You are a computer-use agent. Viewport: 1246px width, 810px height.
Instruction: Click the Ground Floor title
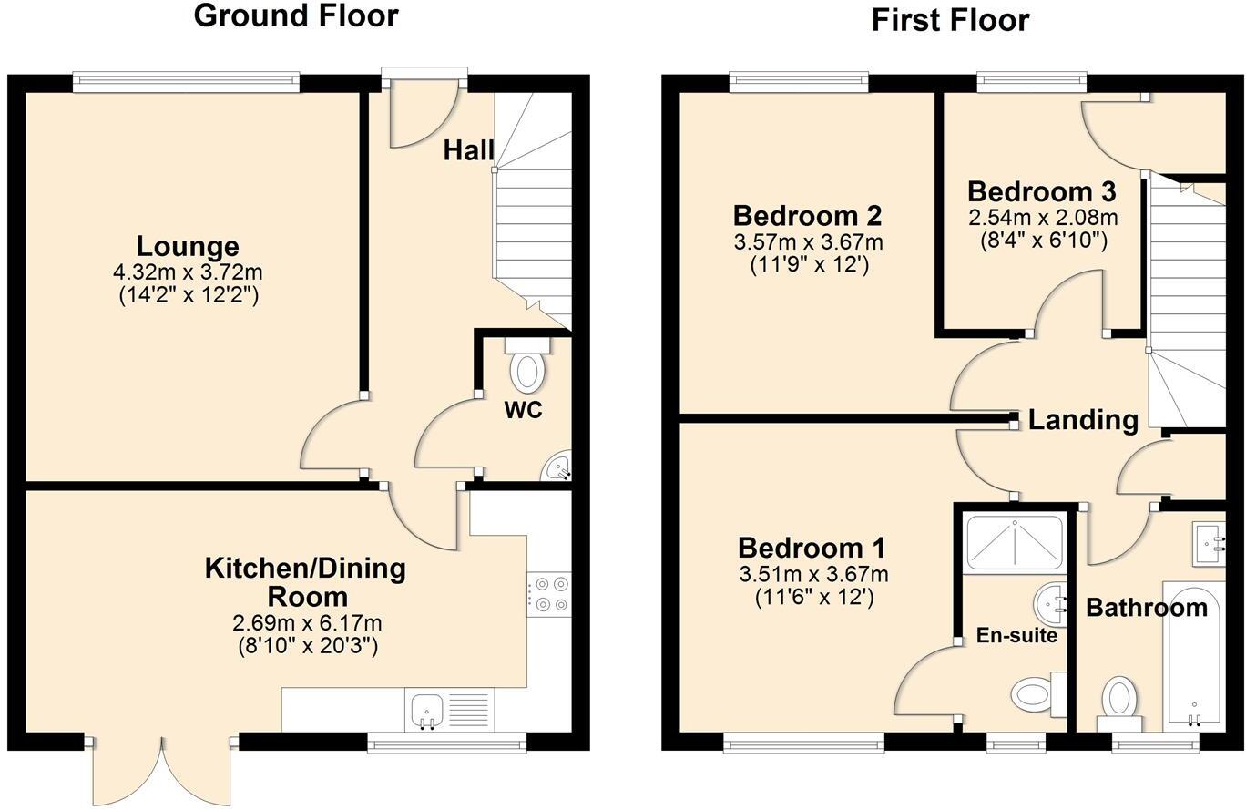(x=296, y=15)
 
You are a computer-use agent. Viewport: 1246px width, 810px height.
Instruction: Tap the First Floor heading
(x=950, y=19)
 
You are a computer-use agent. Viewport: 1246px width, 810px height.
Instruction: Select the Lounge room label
(x=188, y=247)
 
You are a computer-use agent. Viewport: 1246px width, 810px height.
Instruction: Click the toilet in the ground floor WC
(x=526, y=366)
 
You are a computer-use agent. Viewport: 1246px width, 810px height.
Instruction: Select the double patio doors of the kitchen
(x=162, y=767)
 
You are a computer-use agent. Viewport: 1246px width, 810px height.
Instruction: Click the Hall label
(x=468, y=150)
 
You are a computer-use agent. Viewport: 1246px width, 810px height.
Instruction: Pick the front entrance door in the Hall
(x=423, y=114)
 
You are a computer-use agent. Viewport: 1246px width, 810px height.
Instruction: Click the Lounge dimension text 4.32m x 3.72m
(x=188, y=272)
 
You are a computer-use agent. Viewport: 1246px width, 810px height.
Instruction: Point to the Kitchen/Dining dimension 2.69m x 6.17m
(x=307, y=623)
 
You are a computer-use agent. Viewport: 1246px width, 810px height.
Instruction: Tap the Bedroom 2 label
(x=807, y=216)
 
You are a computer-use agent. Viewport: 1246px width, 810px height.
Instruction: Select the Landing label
(x=1083, y=420)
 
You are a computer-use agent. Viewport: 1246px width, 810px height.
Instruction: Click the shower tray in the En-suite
(x=1014, y=543)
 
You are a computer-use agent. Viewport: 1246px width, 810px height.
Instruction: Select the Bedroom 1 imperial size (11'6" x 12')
(x=813, y=598)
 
